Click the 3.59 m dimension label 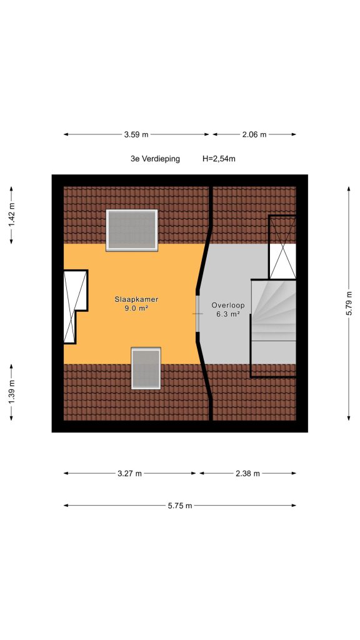[x=136, y=134]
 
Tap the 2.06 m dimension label [x=254, y=134]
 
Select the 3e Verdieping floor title [x=155, y=159]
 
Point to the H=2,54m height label [x=219, y=159]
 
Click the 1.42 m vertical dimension [x=11, y=215]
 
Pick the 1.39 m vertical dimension [x=11, y=392]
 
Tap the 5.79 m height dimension [x=349, y=303]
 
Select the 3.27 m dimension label [x=130, y=474]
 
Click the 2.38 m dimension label [x=247, y=474]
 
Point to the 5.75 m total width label [x=179, y=506]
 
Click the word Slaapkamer [x=136, y=299]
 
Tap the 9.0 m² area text [x=136, y=309]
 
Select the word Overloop [x=228, y=305]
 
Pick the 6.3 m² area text [x=227, y=314]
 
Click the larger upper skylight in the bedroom [x=132, y=230]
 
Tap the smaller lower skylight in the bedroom [x=146, y=368]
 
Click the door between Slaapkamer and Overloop [x=198, y=313]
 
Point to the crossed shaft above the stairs [x=282, y=247]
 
